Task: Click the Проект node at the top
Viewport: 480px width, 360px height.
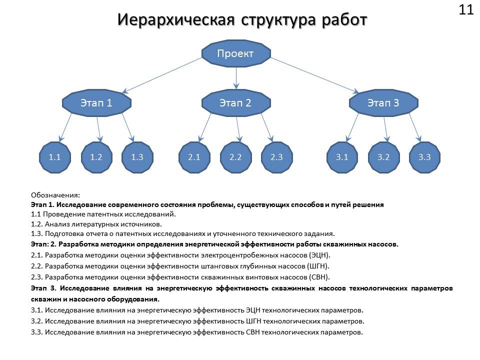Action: point(235,53)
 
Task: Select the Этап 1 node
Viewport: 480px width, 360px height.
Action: point(96,103)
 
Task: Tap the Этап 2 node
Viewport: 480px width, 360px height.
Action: point(235,103)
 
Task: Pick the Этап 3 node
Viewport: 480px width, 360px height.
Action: point(383,103)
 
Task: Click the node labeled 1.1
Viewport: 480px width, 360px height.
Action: point(55,157)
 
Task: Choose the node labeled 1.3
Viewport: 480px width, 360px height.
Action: point(137,157)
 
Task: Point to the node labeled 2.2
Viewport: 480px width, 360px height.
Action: point(235,157)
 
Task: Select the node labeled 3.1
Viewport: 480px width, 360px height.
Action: point(342,157)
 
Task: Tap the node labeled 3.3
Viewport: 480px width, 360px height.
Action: point(424,157)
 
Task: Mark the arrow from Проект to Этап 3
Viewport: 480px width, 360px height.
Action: point(315,75)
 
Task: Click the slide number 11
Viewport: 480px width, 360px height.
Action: point(465,10)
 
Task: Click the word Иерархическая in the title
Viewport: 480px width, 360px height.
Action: point(176,19)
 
